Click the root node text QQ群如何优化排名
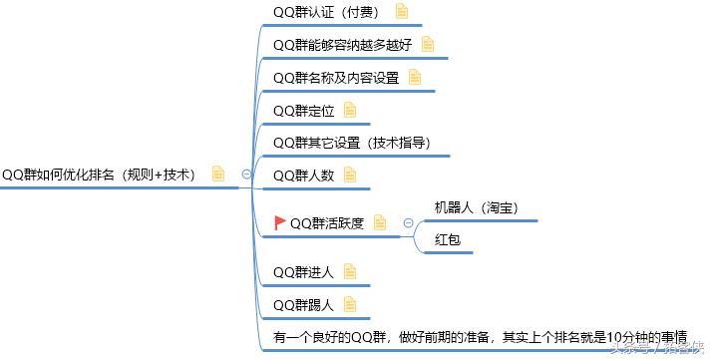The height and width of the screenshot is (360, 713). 100,174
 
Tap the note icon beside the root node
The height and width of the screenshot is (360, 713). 218,174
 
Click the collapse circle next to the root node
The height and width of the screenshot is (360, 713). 247,175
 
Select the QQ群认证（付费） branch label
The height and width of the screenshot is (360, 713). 328,12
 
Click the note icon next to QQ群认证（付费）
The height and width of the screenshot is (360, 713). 402,12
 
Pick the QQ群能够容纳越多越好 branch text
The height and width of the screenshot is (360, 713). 341,45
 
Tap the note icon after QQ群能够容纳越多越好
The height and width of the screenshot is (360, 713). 428,45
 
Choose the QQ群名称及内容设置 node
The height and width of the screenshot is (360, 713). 335,78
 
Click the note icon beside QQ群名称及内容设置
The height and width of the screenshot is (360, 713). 415,78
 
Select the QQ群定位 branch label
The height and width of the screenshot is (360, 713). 302,110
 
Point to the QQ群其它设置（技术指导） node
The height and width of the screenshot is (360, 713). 351,142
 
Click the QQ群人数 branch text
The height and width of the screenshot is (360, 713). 302,175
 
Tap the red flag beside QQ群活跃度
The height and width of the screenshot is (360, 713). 280,222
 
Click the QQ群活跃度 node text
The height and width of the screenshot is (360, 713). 326,222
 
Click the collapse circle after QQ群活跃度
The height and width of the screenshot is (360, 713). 408,222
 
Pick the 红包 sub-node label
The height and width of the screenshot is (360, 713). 447,239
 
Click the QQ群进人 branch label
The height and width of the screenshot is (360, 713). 302,271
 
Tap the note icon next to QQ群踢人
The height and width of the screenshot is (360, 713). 350,304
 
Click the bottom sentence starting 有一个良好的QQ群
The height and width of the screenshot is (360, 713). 480,337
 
